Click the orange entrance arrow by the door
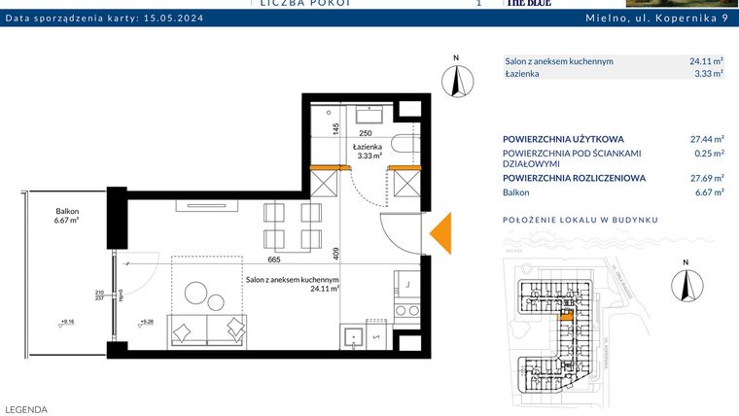pos(440,232)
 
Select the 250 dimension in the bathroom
pos(366,133)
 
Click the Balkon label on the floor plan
pos(67,215)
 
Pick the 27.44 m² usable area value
pos(706,138)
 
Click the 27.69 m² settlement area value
pos(706,178)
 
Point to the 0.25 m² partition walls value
pos(709,153)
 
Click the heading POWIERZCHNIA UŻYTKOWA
pos(563,138)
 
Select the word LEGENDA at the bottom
pos(26,409)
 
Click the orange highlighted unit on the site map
pos(566,315)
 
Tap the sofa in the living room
pos(207,329)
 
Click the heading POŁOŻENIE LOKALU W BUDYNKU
pos(580,220)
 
